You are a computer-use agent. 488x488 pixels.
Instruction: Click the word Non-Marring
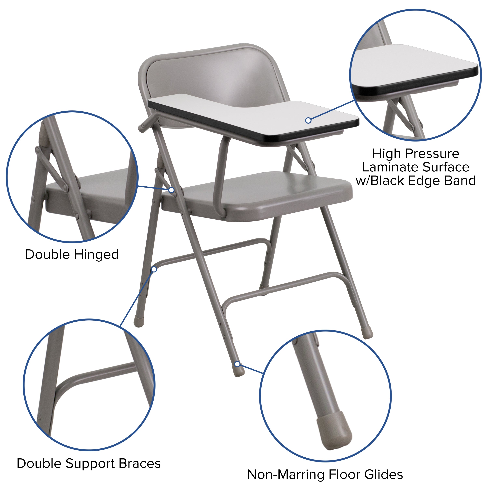click(285, 474)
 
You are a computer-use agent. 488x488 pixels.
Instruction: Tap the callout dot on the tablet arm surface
click(308, 121)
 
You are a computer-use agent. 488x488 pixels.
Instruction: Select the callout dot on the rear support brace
click(154, 270)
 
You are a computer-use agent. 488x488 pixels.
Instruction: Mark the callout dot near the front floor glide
click(237, 364)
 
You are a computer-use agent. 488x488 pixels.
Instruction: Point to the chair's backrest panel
click(215, 76)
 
